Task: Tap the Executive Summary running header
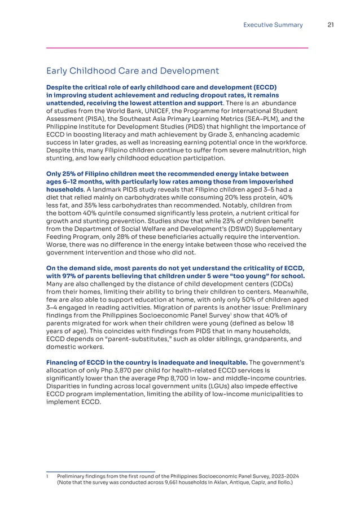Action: pyautogui.click(x=273, y=25)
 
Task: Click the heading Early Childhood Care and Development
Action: pyautogui.click(x=132, y=71)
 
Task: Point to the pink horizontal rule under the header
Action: pyautogui.click(x=177, y=48)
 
